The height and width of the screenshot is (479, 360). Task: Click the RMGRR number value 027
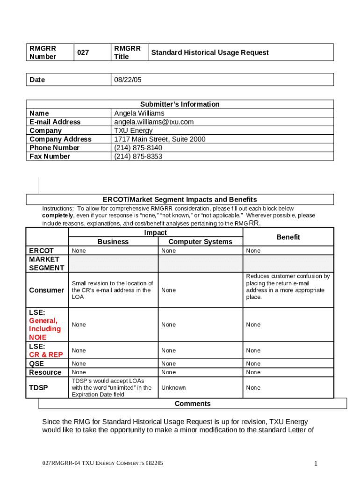click(x=83, y=53)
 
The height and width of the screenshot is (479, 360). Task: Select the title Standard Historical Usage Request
click(x=209, y=53)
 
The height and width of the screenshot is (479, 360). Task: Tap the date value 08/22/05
click(x=128, y=80)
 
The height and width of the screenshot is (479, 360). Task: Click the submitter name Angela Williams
click(x=139, y=113)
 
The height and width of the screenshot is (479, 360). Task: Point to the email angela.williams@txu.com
click(x=154, y=122)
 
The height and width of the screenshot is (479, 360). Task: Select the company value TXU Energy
click(x=133, y=131)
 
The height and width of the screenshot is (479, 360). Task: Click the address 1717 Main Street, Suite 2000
click(x=160, y=139)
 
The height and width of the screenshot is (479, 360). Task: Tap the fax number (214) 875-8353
click(x=138, y=156)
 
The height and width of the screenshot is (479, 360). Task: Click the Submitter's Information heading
click(x=180, y=104)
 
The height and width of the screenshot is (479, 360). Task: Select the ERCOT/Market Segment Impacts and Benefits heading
click(x=180, y=199)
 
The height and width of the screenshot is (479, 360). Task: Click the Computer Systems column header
click(x=200, y=242)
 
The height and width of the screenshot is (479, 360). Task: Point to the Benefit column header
click(x=288, y=237)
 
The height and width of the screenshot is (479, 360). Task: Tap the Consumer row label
click(x=46, y=290)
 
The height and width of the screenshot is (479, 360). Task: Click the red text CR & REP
click(x=46, y=355)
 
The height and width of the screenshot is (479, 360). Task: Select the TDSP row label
click(x=38, y=388)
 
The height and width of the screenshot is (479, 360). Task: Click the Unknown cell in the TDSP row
click(x=173, y=388)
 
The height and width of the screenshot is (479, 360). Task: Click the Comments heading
click(x=193, y=404)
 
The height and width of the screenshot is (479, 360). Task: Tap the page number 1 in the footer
click(x=316, y=464)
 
